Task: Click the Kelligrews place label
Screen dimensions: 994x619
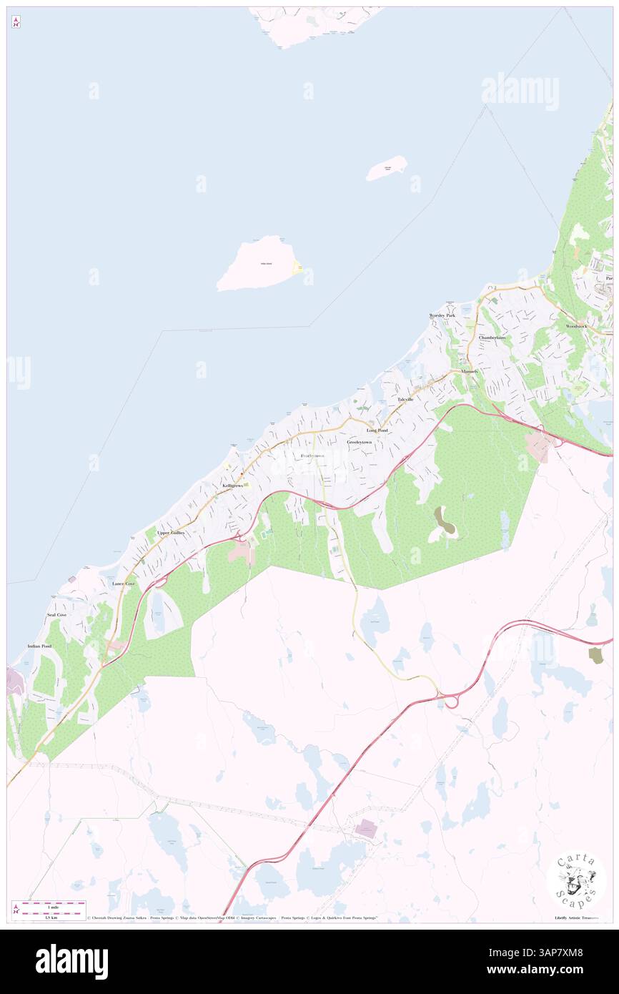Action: coord(234,486)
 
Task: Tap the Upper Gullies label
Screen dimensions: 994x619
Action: coord(171,533)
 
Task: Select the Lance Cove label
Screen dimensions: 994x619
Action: coord(124,584)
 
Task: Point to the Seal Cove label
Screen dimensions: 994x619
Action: coord(56,615)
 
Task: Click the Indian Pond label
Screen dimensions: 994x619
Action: coord(39,646)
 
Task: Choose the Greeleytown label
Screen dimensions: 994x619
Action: coord(360,443)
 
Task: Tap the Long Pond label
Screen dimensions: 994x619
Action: coord(377,430)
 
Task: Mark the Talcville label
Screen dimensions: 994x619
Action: coord(405,398)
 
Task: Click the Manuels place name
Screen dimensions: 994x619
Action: coord(470,372)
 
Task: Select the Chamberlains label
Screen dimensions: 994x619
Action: coord(492,338)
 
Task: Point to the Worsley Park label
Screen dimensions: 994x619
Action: coord(442,315)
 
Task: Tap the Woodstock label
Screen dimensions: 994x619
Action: coord(576,326)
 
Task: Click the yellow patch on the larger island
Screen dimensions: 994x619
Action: coord(298,269)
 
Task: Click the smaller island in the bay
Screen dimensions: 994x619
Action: coord(387,169)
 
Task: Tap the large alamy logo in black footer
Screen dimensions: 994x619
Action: coord(72,961)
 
